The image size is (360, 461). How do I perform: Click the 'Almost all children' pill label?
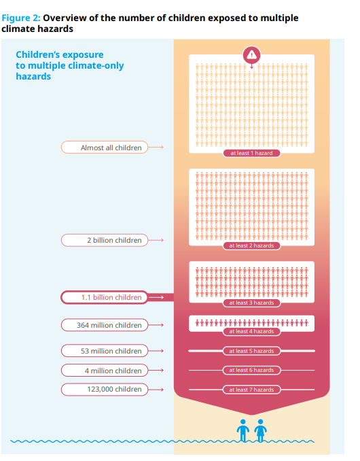click(x=104, y=148)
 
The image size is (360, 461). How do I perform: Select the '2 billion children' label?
click(x=104, y=240)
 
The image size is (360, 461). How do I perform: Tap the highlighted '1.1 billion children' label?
click(x=104, y=297)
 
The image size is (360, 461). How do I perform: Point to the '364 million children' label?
click(x=104, y=325)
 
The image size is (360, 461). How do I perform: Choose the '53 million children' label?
click(x=104, y=351)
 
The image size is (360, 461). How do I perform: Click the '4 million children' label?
click(x=104, y=371)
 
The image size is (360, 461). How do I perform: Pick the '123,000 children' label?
click(x=104, y=389)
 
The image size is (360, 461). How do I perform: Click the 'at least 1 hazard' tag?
click(x=251, y=153)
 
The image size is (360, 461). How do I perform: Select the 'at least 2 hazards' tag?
click(x=251, y=245)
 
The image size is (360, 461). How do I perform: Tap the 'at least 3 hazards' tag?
click(x=251, y=303)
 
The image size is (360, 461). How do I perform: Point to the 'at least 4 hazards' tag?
click(x=251, y=331)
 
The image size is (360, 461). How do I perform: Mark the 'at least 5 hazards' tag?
click(x=251, y=351)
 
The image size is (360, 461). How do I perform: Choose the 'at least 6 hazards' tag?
click(x=251, y=370)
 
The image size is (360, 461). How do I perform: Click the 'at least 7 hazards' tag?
click(x=251, y=390)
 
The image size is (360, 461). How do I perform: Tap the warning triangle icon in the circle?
click(x=251, y=55)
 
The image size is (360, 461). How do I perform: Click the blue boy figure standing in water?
click(x=243, y=430)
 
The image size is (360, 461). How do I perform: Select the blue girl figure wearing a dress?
click(x=260, y=430)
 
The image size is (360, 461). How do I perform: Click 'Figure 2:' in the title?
click(x=21, y=18)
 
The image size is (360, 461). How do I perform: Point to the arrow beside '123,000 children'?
click(x=156, y=390)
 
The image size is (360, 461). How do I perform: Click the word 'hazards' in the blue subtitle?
click(x=33, y=76)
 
